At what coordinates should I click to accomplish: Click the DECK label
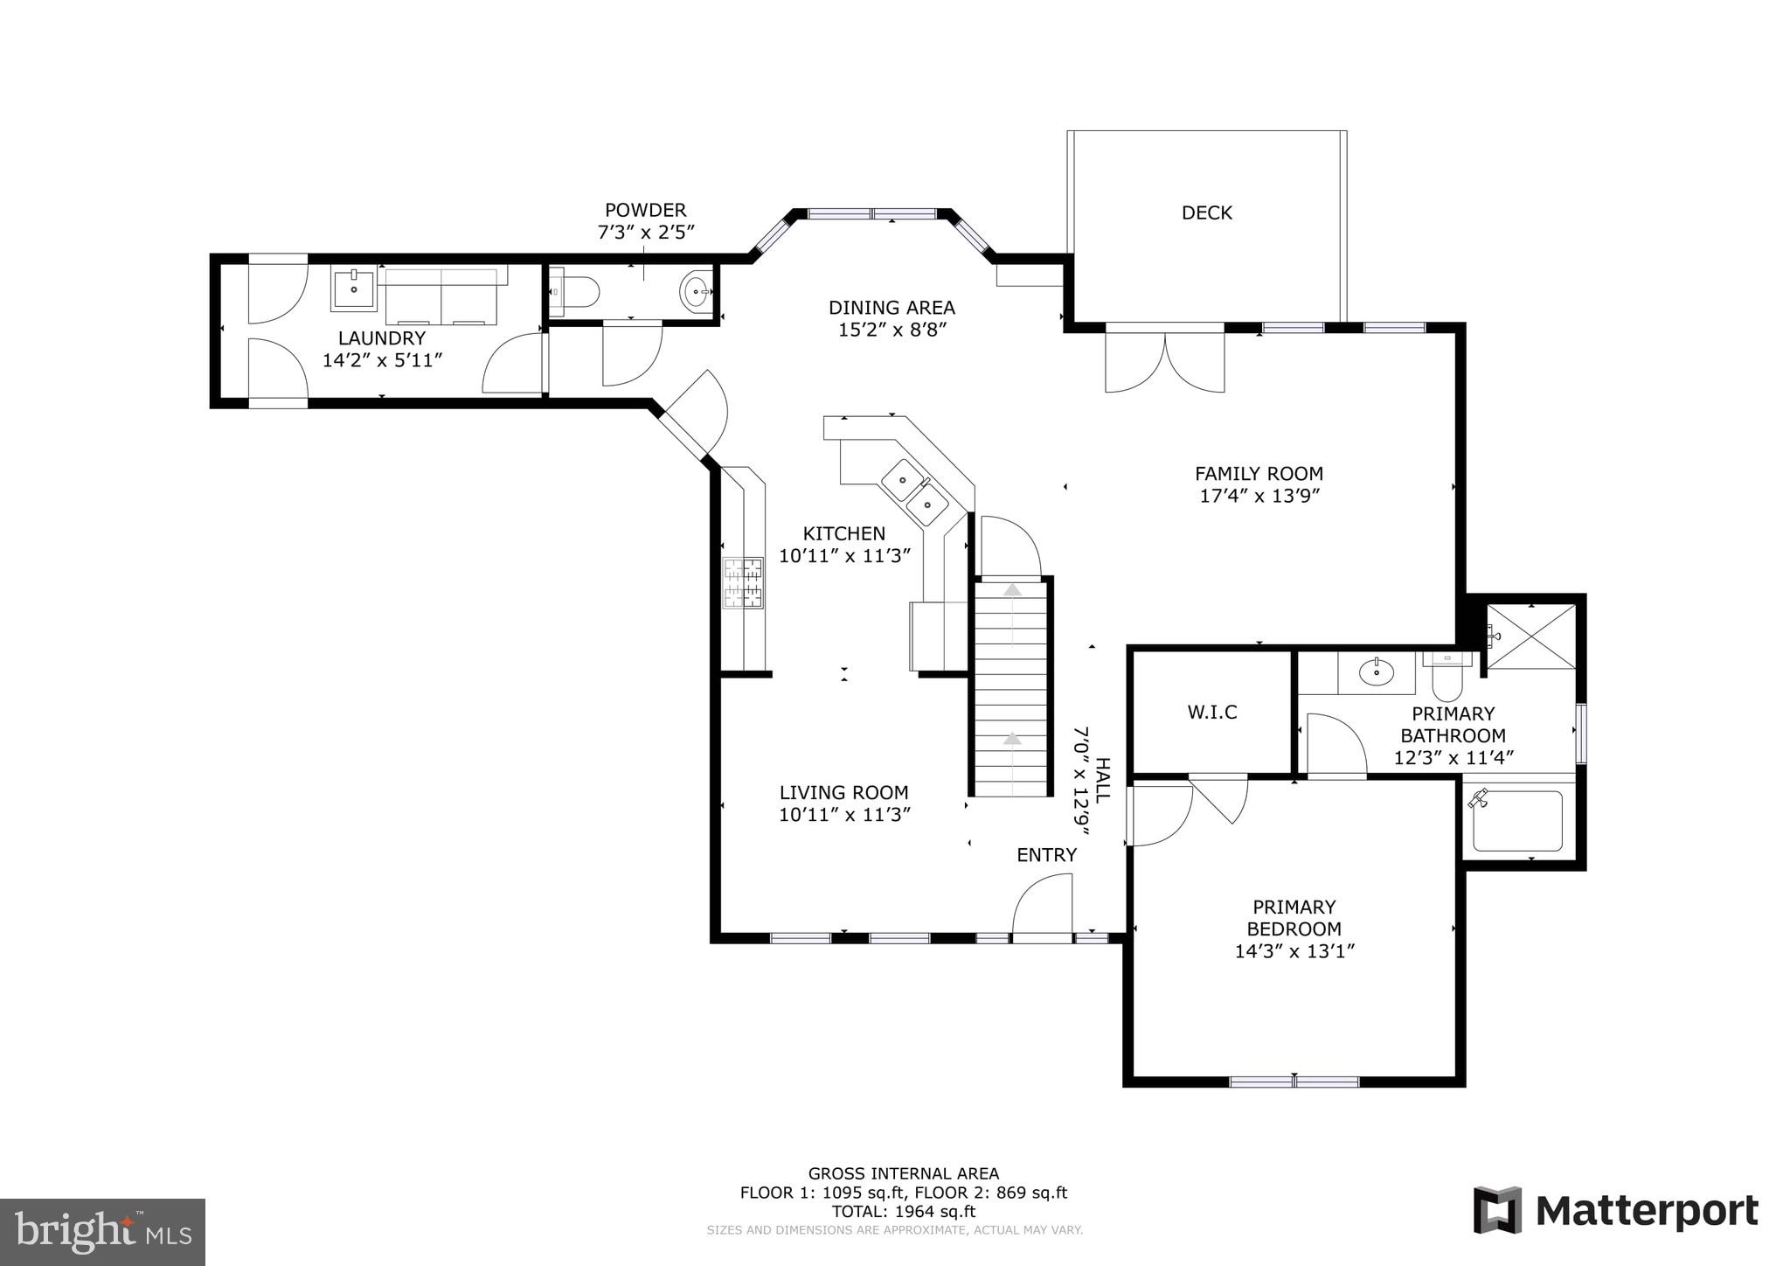click(1206, 212)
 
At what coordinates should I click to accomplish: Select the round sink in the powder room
click(696, 291)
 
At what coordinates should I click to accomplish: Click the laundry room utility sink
click(353, 289)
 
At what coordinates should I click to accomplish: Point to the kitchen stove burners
click(743, 582)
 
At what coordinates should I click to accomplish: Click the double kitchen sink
click(914, 492)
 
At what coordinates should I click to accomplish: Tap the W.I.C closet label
click(1211, 712)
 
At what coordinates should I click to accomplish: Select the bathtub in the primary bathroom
click(1517, 821)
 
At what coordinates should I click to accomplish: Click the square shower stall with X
click(1530, 636)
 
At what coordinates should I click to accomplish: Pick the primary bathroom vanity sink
click(1377, 672)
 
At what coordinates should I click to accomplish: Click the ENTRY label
click(1046, 855)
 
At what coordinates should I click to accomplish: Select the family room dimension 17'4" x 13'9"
click(1259, 496)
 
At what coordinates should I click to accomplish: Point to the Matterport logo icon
click(1497, 1210)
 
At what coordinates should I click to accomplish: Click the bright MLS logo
click(102, 1232)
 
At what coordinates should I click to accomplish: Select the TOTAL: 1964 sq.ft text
click(903, 1211)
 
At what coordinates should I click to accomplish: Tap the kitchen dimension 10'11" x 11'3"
click(844, 555)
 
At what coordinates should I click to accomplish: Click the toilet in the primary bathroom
click(1447, 676)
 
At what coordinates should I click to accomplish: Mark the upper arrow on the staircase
click(1012, 591)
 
